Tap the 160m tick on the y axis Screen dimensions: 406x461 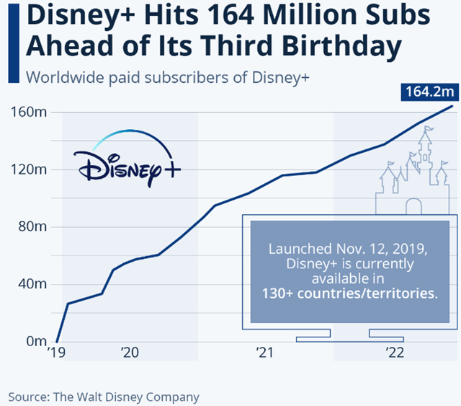30,112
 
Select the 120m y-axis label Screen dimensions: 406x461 30,169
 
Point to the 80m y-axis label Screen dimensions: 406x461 32,226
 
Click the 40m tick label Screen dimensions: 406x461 32,283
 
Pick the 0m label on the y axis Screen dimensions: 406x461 35,340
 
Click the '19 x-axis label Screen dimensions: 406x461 56,353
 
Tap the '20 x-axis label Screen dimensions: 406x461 130,353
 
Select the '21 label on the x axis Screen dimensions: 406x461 264,353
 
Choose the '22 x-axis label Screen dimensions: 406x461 395,353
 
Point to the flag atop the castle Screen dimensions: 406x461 429,131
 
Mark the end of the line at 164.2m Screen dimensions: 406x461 452,106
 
